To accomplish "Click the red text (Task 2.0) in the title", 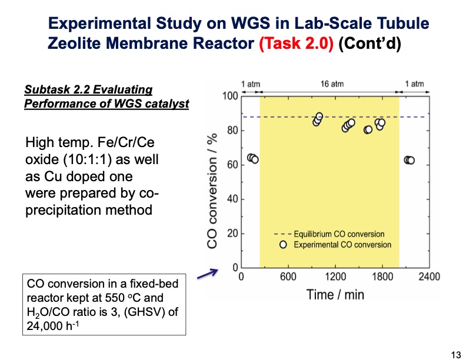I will click(x=297, y=44).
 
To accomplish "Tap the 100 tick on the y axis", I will click(x=229, y=96).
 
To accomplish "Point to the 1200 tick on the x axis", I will click(x=335, y=277).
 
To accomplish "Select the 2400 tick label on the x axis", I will click(x=429, y=277).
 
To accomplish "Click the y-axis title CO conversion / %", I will click(x=214, y=182).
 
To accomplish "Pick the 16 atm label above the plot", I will click(x=332, y=84).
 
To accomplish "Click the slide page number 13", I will click(x=455, y=354).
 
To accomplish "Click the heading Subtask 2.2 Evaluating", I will click(x=88, y=90).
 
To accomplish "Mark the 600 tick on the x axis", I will click(x=288, y=277).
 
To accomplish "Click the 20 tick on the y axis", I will click(x=232, y=234).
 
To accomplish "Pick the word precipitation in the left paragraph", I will click(x=63, y=210).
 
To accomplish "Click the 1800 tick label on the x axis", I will click(x=382, y=277).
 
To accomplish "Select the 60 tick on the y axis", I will click(x=232, y=165).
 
